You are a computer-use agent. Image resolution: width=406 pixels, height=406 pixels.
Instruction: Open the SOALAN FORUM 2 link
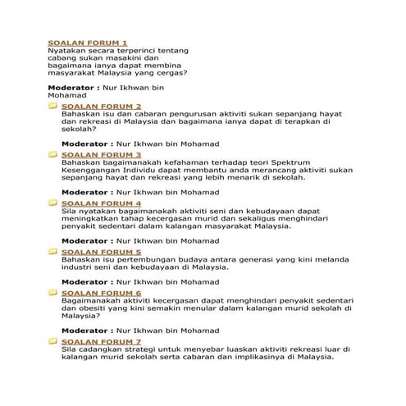coord(102,107)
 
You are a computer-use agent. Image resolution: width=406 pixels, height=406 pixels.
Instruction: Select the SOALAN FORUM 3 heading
coord(102,154)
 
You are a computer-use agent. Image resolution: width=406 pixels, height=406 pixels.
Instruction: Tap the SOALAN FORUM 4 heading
coord(102,203)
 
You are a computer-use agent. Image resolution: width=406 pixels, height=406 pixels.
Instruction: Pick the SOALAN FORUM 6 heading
coord(102,292)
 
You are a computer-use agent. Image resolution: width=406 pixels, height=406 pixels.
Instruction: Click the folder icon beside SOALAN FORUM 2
coord(52,107)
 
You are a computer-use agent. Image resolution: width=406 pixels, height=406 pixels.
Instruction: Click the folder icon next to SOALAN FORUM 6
coord(52,292)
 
